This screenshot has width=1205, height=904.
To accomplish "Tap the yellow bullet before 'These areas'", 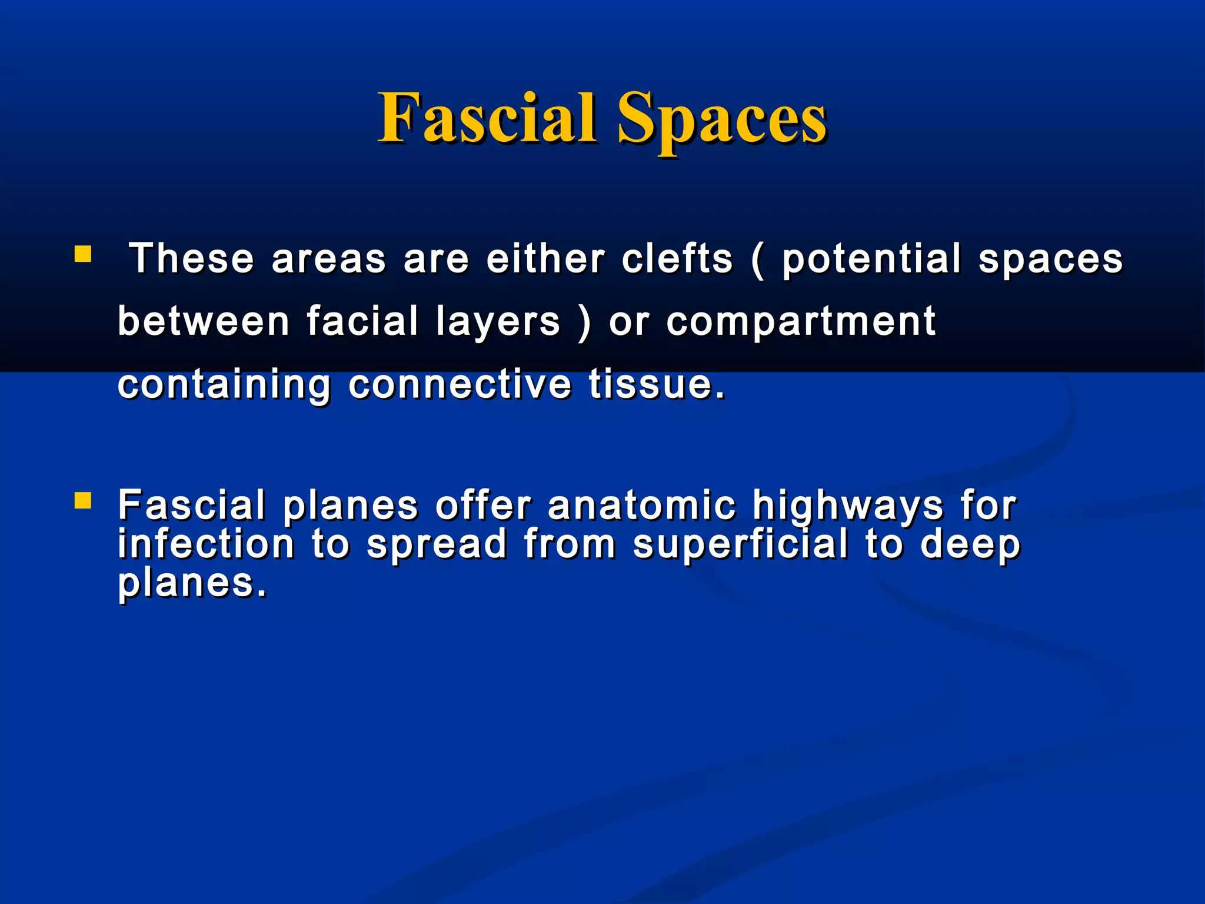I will click(x=83, y=254).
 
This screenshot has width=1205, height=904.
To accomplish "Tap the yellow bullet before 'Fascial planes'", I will click(x=83, y=501).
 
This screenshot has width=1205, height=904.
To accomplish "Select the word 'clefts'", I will click(x=677, y=259).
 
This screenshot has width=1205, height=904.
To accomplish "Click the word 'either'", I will click(x=545, y=259).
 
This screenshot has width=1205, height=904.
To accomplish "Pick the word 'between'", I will click(x=204, y=321).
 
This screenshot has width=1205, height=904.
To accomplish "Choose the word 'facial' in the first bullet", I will click(x=362, y=321).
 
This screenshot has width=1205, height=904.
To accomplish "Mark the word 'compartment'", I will click(x=801, y=323).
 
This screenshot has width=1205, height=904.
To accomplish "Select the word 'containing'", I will click(x=224, y=385).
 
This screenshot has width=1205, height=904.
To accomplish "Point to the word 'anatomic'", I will click(x=642, y=506).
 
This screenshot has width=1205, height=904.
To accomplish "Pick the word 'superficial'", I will click(x=741, y=545).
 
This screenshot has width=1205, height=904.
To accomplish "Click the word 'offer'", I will click(x=483, y=506).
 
